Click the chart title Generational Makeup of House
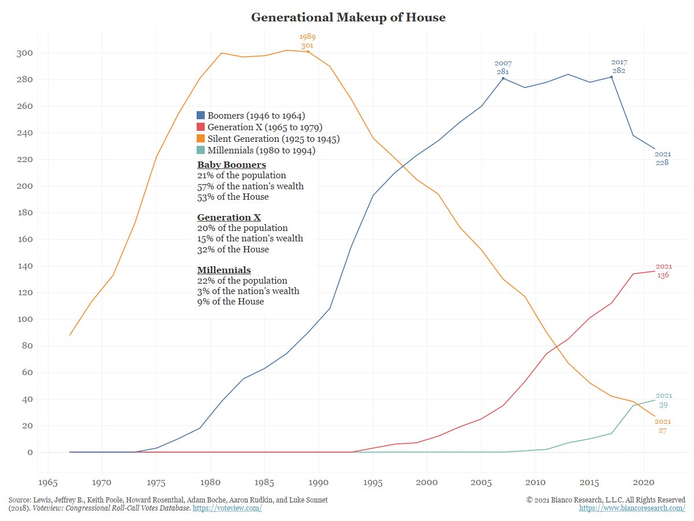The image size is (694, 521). click(348, 17)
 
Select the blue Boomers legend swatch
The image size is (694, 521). click(201, 115)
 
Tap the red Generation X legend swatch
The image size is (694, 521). click(201, 127)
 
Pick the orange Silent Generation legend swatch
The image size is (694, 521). click(201, 139)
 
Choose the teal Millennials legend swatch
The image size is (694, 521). click(201, 151)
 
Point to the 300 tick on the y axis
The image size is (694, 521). click(24, 53)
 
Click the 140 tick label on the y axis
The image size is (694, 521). click(24, 266)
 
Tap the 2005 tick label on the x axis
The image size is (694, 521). click(481, 482)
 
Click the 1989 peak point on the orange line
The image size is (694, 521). click(308, 52)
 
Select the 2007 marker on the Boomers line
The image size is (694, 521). click(503, 78)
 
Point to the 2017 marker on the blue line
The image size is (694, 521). click(611, 77)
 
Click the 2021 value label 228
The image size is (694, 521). click(662, 163)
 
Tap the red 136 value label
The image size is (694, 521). click(663, 275)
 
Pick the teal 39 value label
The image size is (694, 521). click(663, 405)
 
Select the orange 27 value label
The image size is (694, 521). click(663, 431)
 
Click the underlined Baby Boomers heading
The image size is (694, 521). click(231, 165)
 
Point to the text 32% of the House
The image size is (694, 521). click(233, 250)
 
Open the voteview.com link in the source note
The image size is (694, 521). click(227, 508)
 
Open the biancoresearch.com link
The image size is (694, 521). click(632, 508)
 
